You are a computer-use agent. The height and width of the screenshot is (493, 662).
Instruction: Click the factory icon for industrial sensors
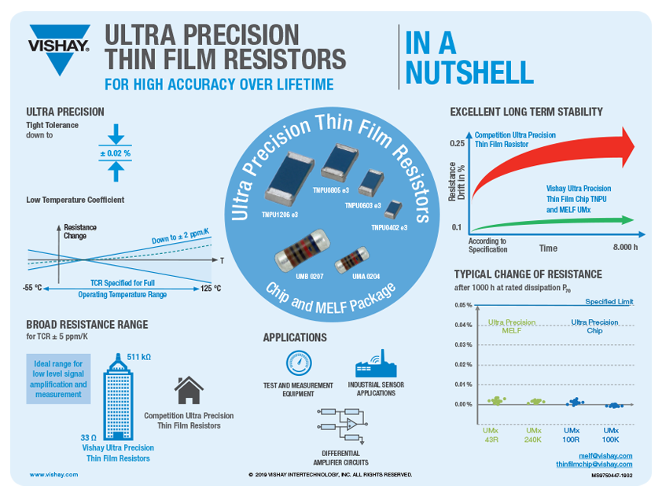pos(372,364)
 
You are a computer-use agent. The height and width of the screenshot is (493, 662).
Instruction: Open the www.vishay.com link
pos(54,475)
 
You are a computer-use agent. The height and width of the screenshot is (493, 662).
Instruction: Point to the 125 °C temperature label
pos(210,289)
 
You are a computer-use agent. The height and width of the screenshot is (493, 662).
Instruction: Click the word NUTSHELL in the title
pos(469,72)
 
